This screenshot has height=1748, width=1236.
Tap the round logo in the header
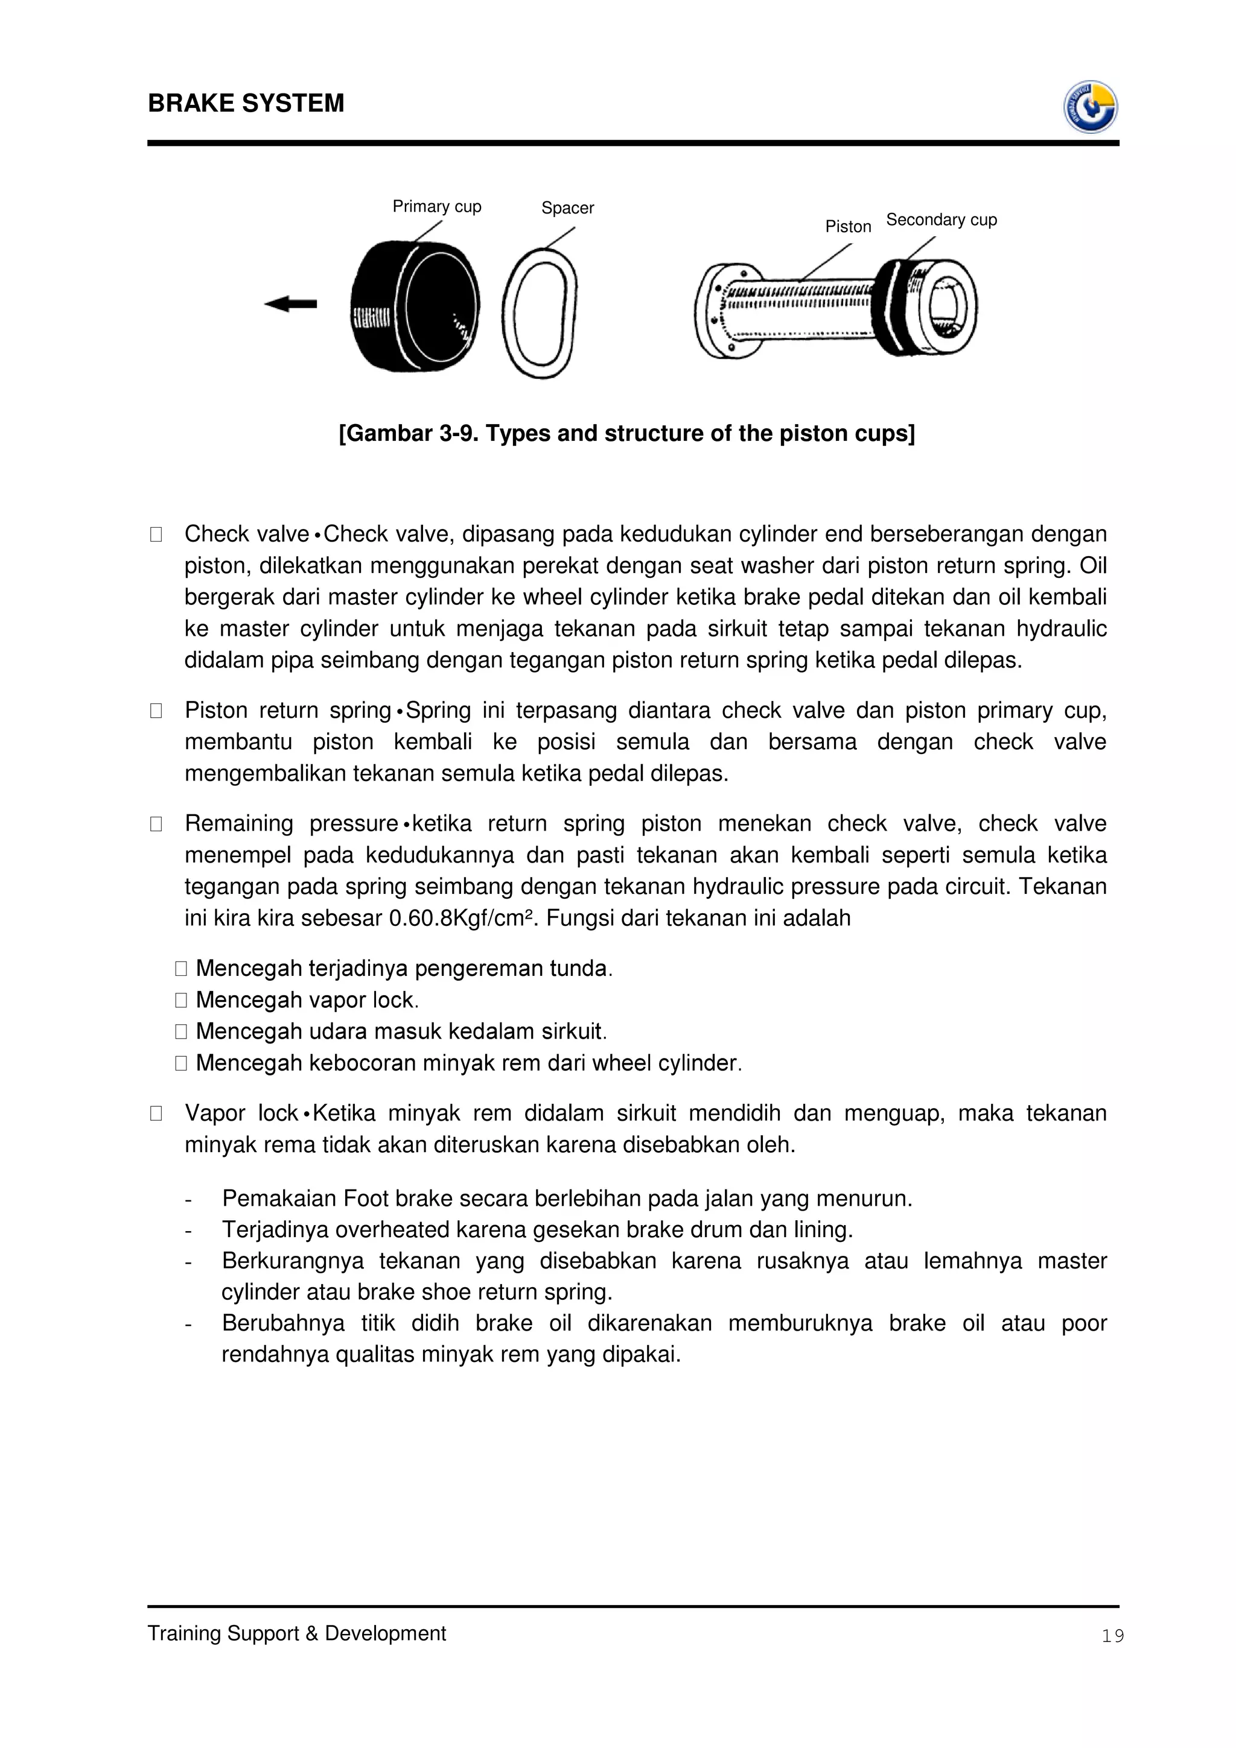(x=1090, y=107)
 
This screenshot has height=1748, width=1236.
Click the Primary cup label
(x=436, y=206)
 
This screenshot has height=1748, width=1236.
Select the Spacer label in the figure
(x=567, y=208)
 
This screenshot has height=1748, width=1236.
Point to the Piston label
(x=847, y=226)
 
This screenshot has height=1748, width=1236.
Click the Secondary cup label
(x=941, y=220)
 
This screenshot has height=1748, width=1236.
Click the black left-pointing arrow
(x=290, y=304)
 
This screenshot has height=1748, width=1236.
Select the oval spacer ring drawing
(x=539, y=312)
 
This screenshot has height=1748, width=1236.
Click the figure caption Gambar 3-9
(x=626, y=433)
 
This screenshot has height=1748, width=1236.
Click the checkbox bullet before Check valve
(x=156, y=534)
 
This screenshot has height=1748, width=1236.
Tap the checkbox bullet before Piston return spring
(x=156, y=711)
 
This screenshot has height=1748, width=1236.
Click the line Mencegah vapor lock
(x=307, y=999)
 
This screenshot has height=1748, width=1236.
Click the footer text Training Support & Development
(x=296, y=1633)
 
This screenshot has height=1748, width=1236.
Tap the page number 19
(x=1112, y=1636)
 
